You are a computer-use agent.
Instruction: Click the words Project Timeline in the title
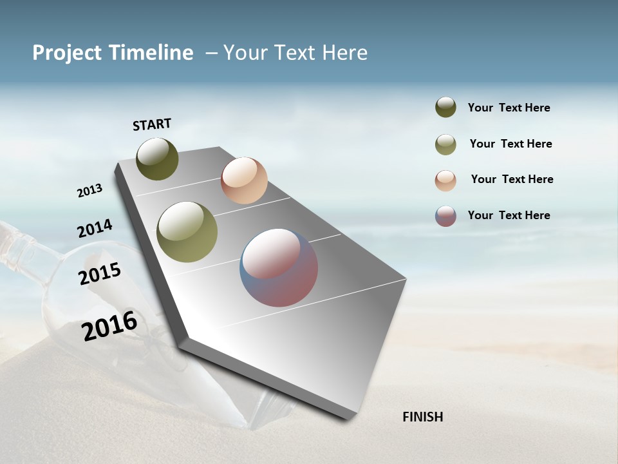tap(113, 53)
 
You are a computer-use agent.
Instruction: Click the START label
tap(152, 124)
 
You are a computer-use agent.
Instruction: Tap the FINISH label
tap(422, 417)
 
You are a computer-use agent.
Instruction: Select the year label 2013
tap(89, 191)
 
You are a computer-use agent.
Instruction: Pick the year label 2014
tap(95, 228)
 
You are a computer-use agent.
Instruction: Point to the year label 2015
tap(100, 274)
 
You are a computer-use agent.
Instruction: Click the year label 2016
tap(109, 325)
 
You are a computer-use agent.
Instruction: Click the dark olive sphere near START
tap(157, 159)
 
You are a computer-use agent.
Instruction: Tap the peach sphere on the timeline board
tap(244, 180)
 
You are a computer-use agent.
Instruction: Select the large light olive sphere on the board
tap(187, 232)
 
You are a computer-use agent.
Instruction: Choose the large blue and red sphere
tap(279, 267)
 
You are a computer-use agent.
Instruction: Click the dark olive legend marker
tap(445, 107)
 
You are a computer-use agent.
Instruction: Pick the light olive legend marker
tap(445, 144)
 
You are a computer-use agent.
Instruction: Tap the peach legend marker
tap(445, 180)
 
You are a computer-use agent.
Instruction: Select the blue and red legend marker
tap(445, 216)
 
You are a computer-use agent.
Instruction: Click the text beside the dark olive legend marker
tap(509, 108)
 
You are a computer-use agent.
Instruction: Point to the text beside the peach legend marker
tap(512, 179)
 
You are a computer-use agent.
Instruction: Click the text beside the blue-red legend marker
tap(509, 215)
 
